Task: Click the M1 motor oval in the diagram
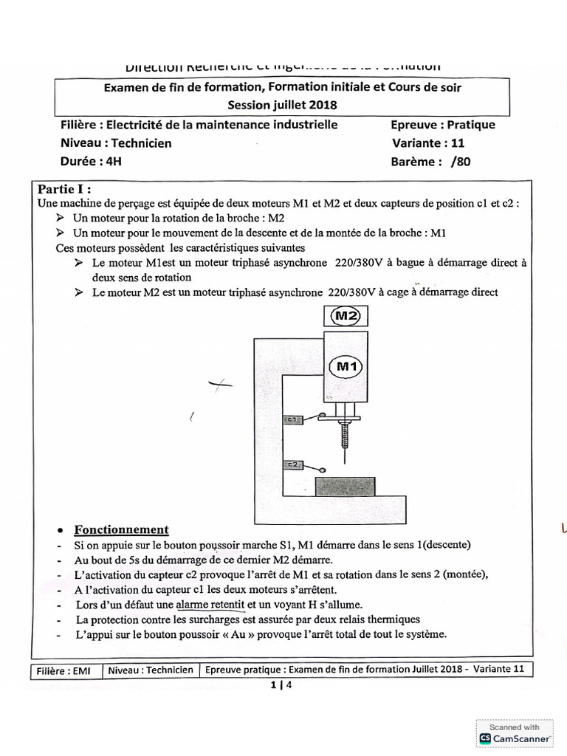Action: (x=346, y=365)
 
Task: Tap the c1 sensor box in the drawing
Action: (x=292, y=419)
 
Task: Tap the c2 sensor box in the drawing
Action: (x=292, y=464)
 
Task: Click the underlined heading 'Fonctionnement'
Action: (x=121, y=529)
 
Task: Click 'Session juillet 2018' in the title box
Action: (x=282, y=105)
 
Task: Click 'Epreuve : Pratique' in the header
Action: (x=443, y=125)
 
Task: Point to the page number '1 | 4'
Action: (x=282, y=686)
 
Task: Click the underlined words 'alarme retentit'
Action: (x=210, y=605)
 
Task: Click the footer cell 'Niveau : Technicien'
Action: (x=151, y=670)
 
